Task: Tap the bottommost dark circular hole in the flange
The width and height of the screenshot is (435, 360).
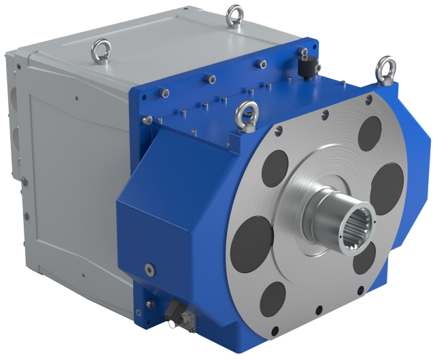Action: point(273,298)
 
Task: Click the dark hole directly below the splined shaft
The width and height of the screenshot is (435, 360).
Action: point(364,259)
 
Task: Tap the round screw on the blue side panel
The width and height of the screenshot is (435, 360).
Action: point(148,268)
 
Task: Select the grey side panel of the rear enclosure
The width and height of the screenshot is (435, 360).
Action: point(68,190)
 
